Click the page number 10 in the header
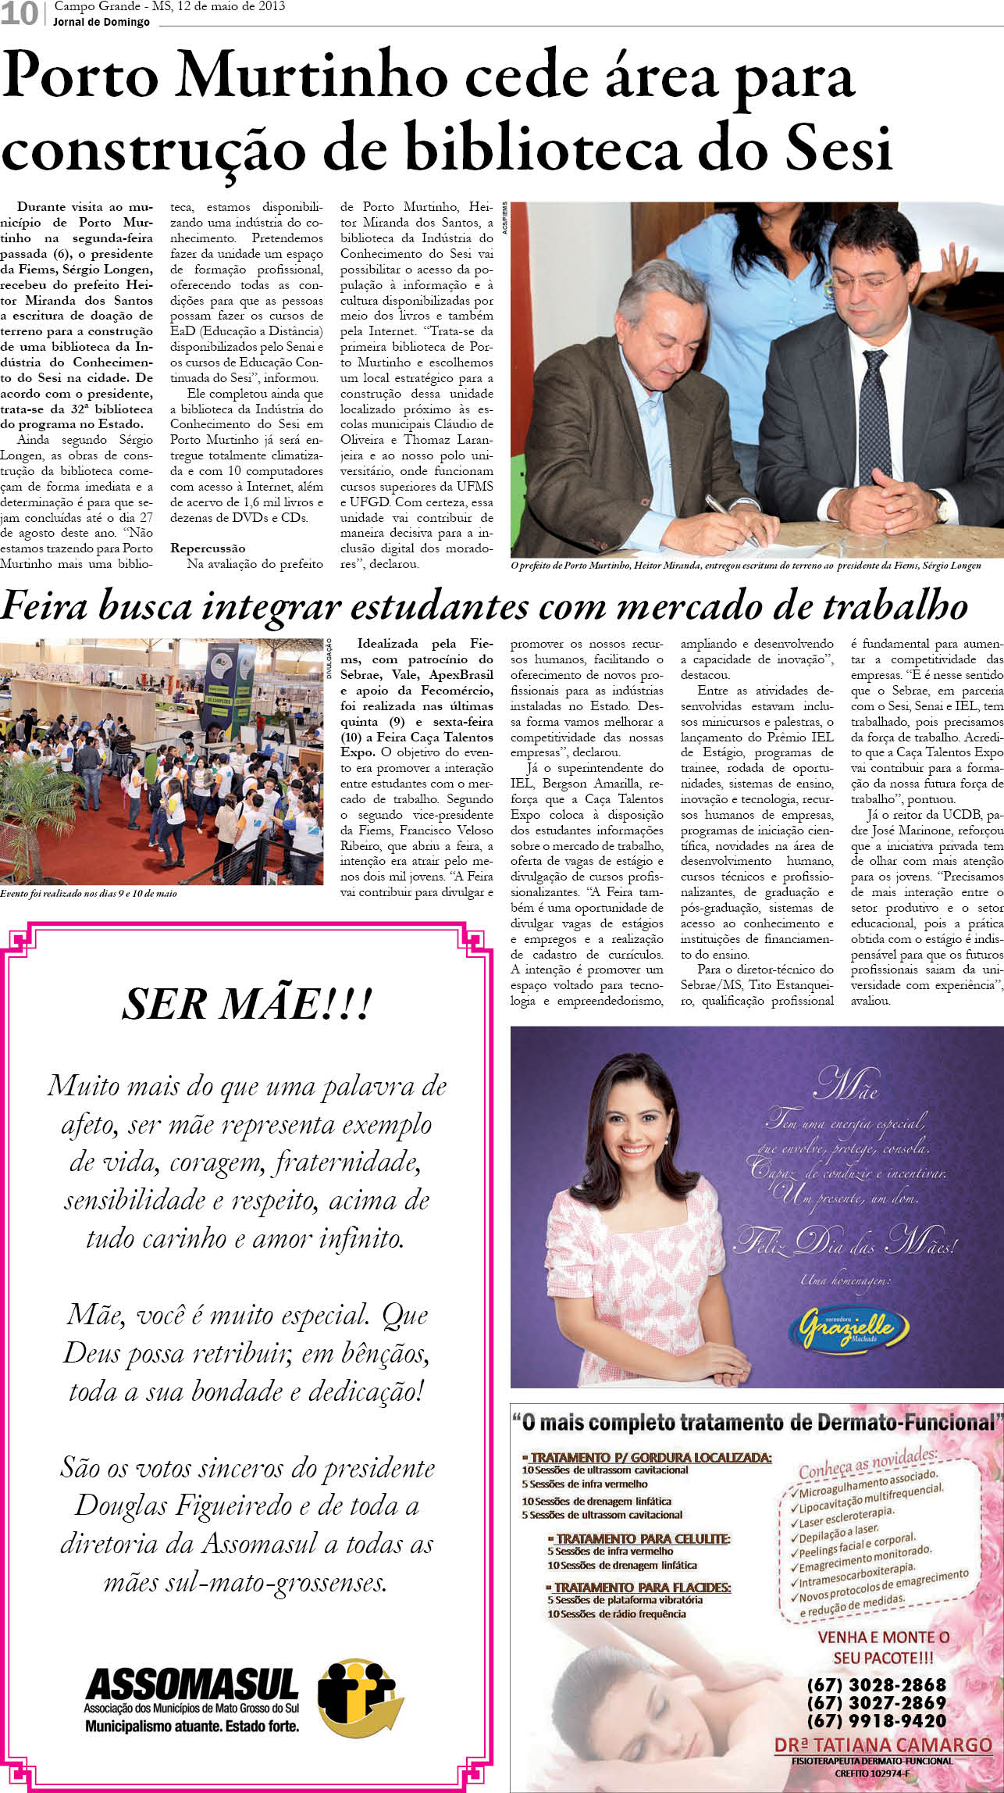(20, 13)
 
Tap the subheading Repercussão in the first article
(208, 548)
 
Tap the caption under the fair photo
(88, 893)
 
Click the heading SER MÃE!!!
(247, 1005)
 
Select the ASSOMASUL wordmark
(192, 1684)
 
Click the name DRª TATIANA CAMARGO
(883, 1745)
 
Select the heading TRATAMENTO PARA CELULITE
(642, 1538)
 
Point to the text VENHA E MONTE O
(883, 1637)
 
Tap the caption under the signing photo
(746, 566)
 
